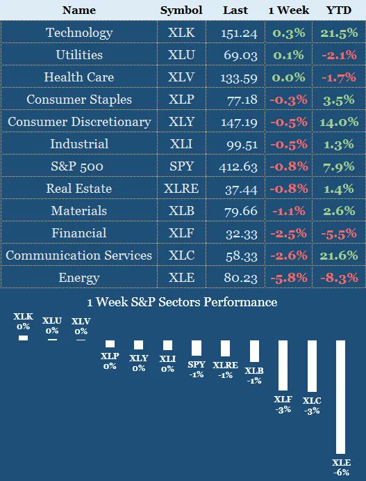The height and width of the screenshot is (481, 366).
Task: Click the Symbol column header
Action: click(181, 10)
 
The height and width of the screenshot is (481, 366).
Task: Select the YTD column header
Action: click(339, 10)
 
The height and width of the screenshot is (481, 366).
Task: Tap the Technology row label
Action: click(78, 33)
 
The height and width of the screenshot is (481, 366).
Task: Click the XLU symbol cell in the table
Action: click(181, 55)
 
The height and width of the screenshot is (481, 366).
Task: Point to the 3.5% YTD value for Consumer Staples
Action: click(339, 100)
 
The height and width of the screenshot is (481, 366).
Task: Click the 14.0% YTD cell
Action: click(339, 122)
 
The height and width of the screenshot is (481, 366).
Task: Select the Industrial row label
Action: click(78, 144)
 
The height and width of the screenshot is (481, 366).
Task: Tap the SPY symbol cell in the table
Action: click(181, 166)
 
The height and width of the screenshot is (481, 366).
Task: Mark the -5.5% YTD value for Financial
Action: click(339, 233)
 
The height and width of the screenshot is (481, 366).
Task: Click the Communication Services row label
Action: click(78, 255)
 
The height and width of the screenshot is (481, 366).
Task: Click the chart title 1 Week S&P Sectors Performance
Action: click(182, 302)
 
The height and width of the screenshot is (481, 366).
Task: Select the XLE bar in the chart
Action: click(341, 397)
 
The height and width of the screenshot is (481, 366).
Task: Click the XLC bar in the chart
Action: click(312, 365)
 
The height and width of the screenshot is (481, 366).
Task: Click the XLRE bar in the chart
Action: click(225, 348)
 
